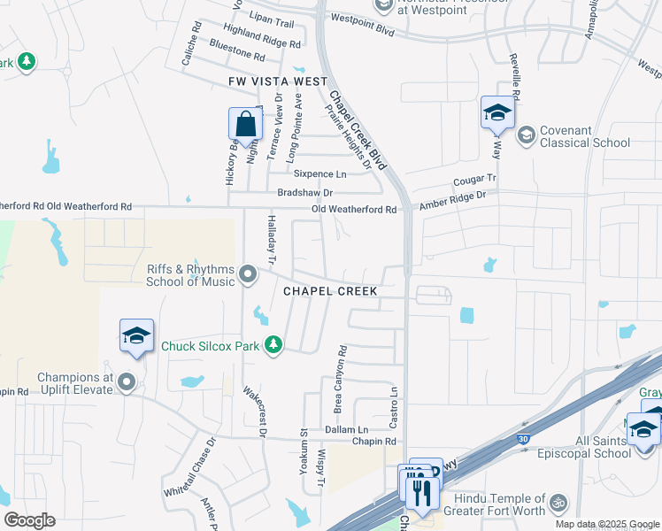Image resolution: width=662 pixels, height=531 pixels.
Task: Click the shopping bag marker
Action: click(245, 125)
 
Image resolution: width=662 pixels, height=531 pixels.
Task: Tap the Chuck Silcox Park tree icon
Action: click(274, 345)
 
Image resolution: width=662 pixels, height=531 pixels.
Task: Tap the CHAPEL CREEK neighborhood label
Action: click(330, 291)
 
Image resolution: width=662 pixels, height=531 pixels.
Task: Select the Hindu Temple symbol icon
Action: click(557, 503)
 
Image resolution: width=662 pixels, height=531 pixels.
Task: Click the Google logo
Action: click(29, 520)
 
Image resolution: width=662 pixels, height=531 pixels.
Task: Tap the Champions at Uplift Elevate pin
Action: click(127, 383)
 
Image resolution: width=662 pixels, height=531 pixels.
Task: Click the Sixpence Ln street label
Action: click(320, 174)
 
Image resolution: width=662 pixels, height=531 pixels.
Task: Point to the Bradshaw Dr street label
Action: click(304, 192)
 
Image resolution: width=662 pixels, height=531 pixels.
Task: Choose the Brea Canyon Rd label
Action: click(338, 379)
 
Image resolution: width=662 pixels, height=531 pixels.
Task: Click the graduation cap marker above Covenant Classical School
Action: click(497, 113)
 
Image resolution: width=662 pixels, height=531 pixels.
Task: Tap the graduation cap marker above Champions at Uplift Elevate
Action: click(136, 336)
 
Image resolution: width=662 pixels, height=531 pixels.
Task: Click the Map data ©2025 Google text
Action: click(607, 524)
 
